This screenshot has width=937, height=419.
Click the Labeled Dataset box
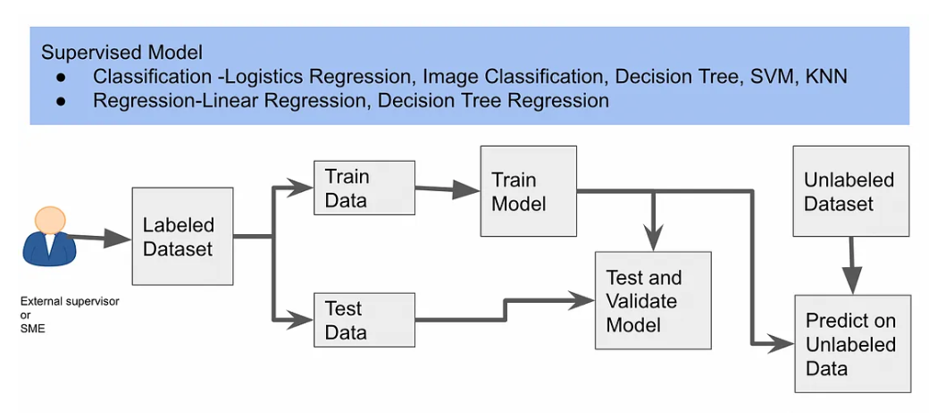pyautogui.click(x=182, y=236)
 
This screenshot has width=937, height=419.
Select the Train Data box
pyautogui.click(x=364, y=188)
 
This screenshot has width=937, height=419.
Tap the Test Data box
pyautogui.click(x=364, y=320)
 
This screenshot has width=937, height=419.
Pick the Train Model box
pyautogui.click(x=528, y=191)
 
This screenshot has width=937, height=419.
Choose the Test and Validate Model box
pyautogui.click(x=653, y=300)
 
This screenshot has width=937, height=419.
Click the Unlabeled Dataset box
pyautogui.click(x=850, y=191)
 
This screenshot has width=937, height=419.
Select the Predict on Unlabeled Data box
pyautogui.click(x=853, y=344)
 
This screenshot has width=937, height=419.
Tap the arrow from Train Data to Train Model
pyautogui.click(x=447, y=189)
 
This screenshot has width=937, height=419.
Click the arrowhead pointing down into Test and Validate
pyautogui.click(x=655, y=239)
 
